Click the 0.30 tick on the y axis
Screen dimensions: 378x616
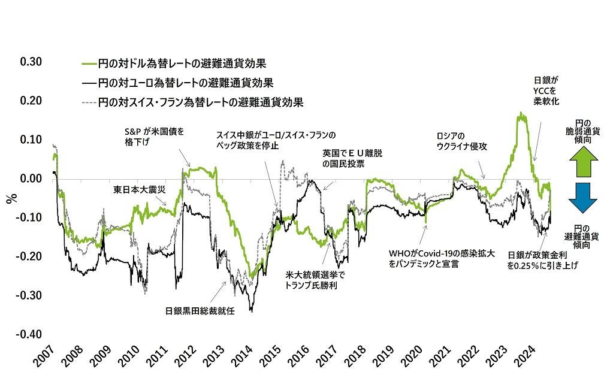[31, 62]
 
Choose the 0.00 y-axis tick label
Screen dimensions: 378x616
[31, 179]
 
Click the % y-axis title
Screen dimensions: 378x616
[10, 198]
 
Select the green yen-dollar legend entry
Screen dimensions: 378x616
[174, 63]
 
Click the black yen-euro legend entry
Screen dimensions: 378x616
[177, 83]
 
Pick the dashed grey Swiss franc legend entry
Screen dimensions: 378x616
[192, 102]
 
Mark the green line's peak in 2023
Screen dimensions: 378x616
[522, 113]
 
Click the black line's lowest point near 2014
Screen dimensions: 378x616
[251, 312]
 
